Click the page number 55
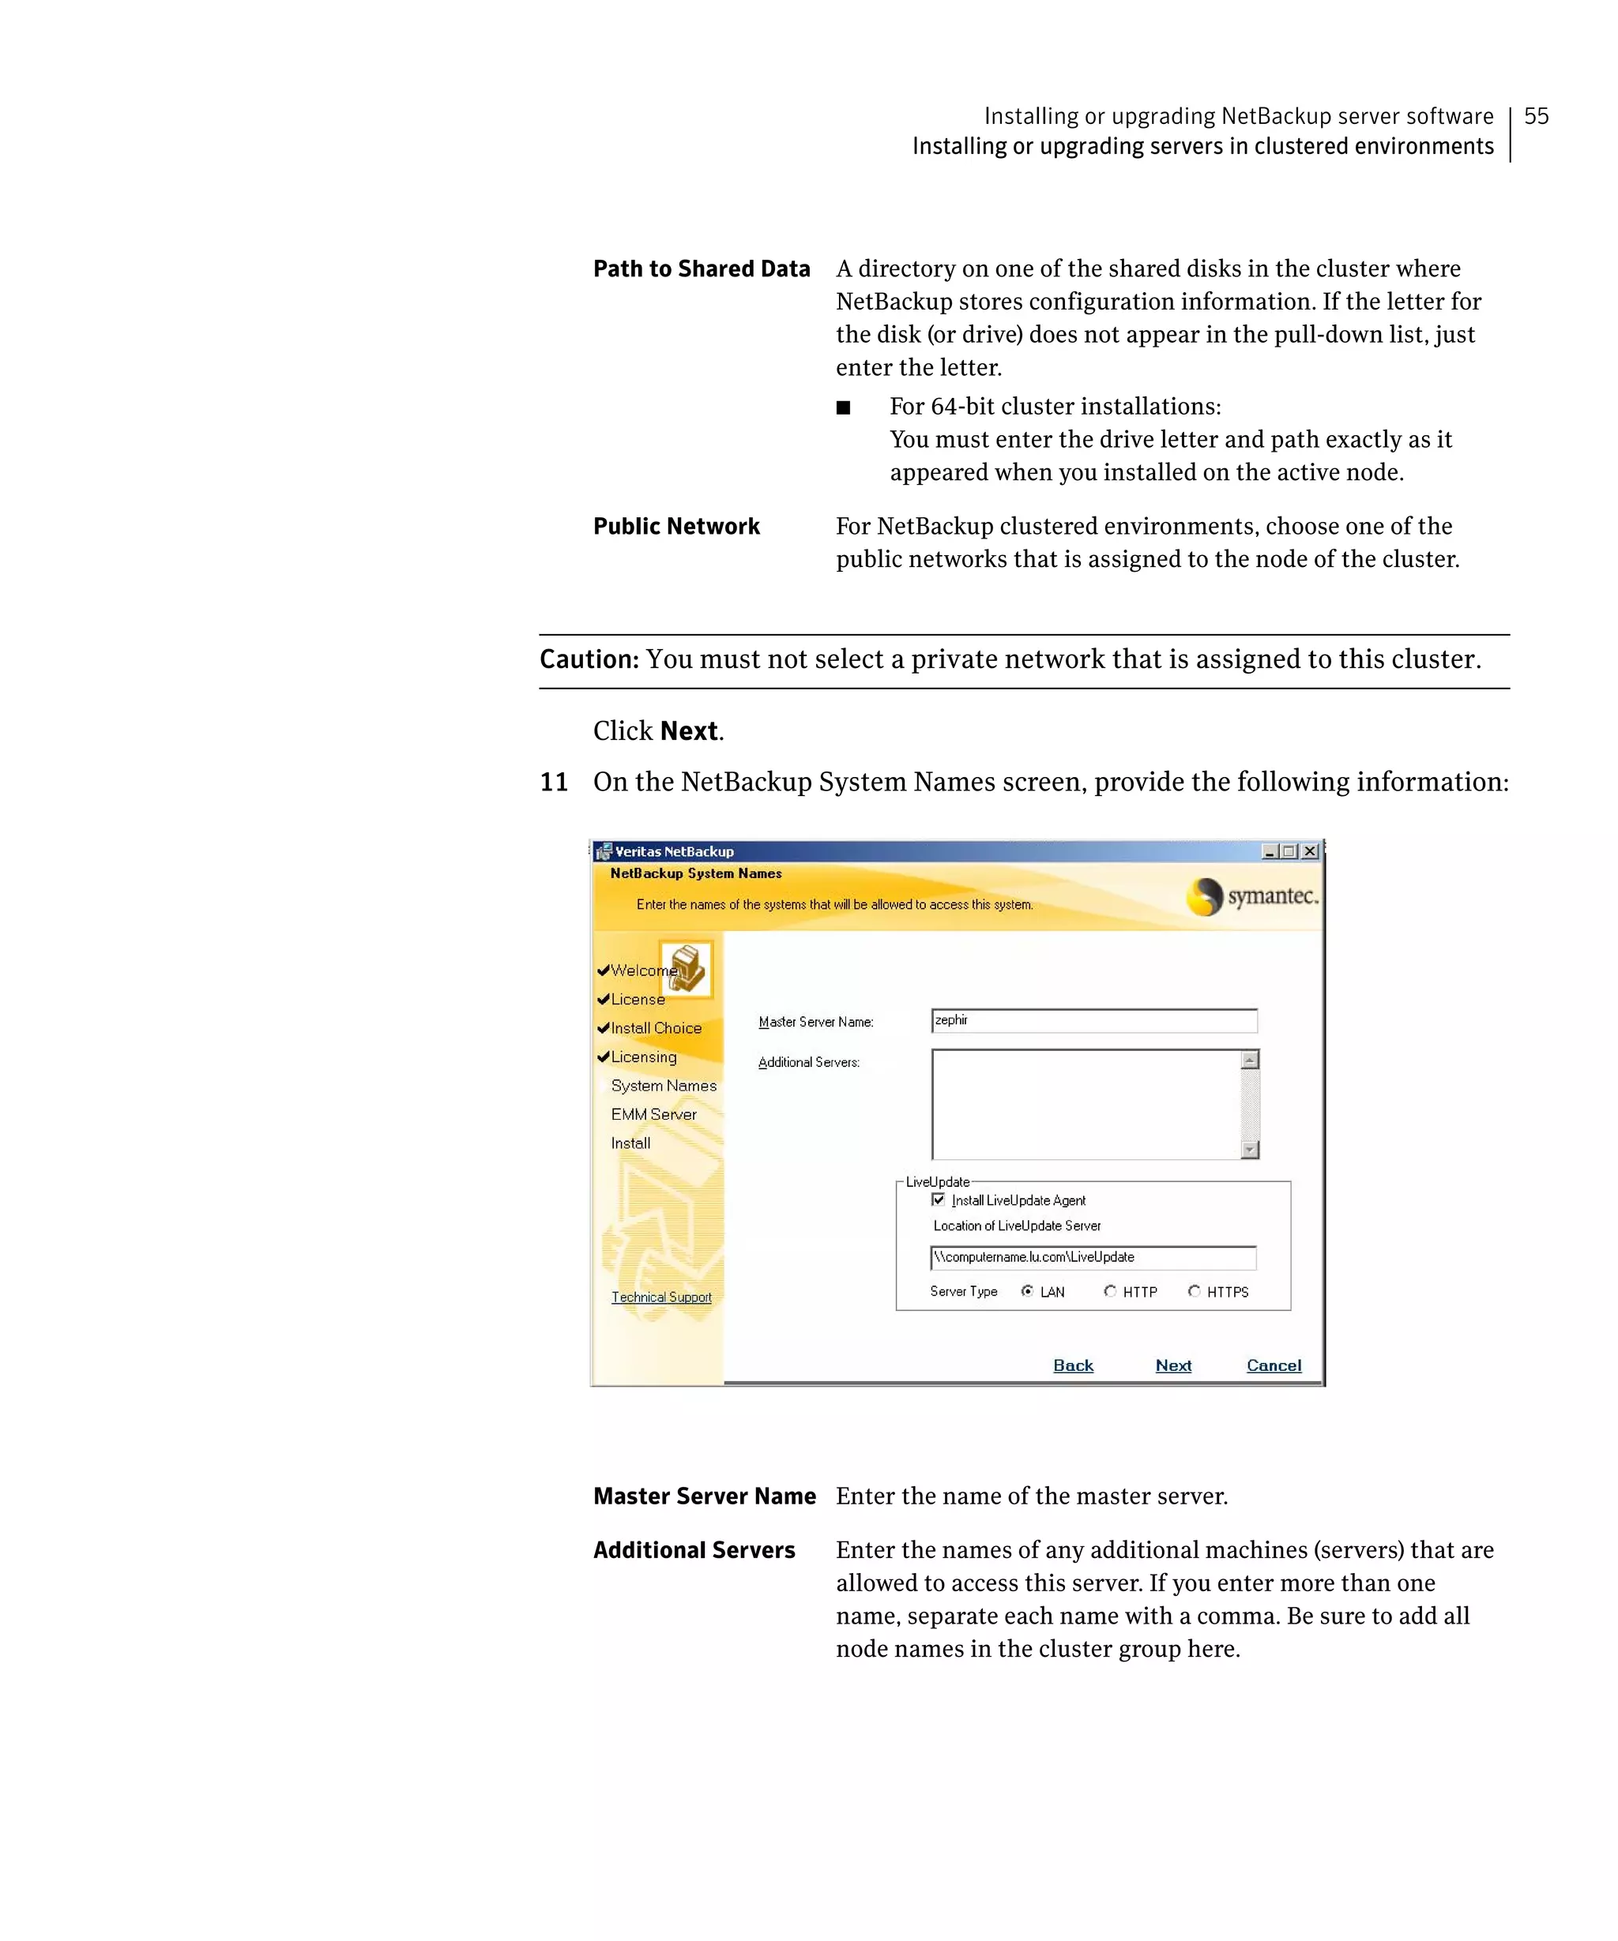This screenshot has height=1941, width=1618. click(1535, 116)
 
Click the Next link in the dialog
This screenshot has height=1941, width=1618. click(1172, 1365)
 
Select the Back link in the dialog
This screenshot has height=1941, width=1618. click(1073, 1365)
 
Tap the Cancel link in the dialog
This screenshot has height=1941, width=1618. click(1272, 1365)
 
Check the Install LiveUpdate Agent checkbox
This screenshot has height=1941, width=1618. click(939, 1200)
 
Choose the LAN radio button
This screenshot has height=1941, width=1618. click(1027, 1291)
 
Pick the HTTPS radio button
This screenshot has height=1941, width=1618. click(1195, 1291)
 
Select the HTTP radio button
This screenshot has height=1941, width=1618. click(1109, 1291)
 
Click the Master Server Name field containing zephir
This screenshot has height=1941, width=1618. click(1093, 1020)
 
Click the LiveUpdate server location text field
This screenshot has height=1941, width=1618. click(1092, 1257)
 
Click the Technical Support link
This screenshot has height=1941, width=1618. click(661, 1297)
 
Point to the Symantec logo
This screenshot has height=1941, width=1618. click(1252, 895)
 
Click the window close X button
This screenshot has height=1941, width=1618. click(1310, 851)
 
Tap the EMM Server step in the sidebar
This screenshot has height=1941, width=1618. click(653, 1113)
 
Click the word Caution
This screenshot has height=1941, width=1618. click(589, 659)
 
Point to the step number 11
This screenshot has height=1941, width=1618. click(554, 782)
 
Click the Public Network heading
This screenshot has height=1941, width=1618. click(675, 526)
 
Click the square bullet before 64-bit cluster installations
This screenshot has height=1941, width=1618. click(842, 407)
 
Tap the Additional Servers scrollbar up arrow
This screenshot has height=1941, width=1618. click(1250, 1061)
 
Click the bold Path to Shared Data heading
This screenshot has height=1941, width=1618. click(701, 269)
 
